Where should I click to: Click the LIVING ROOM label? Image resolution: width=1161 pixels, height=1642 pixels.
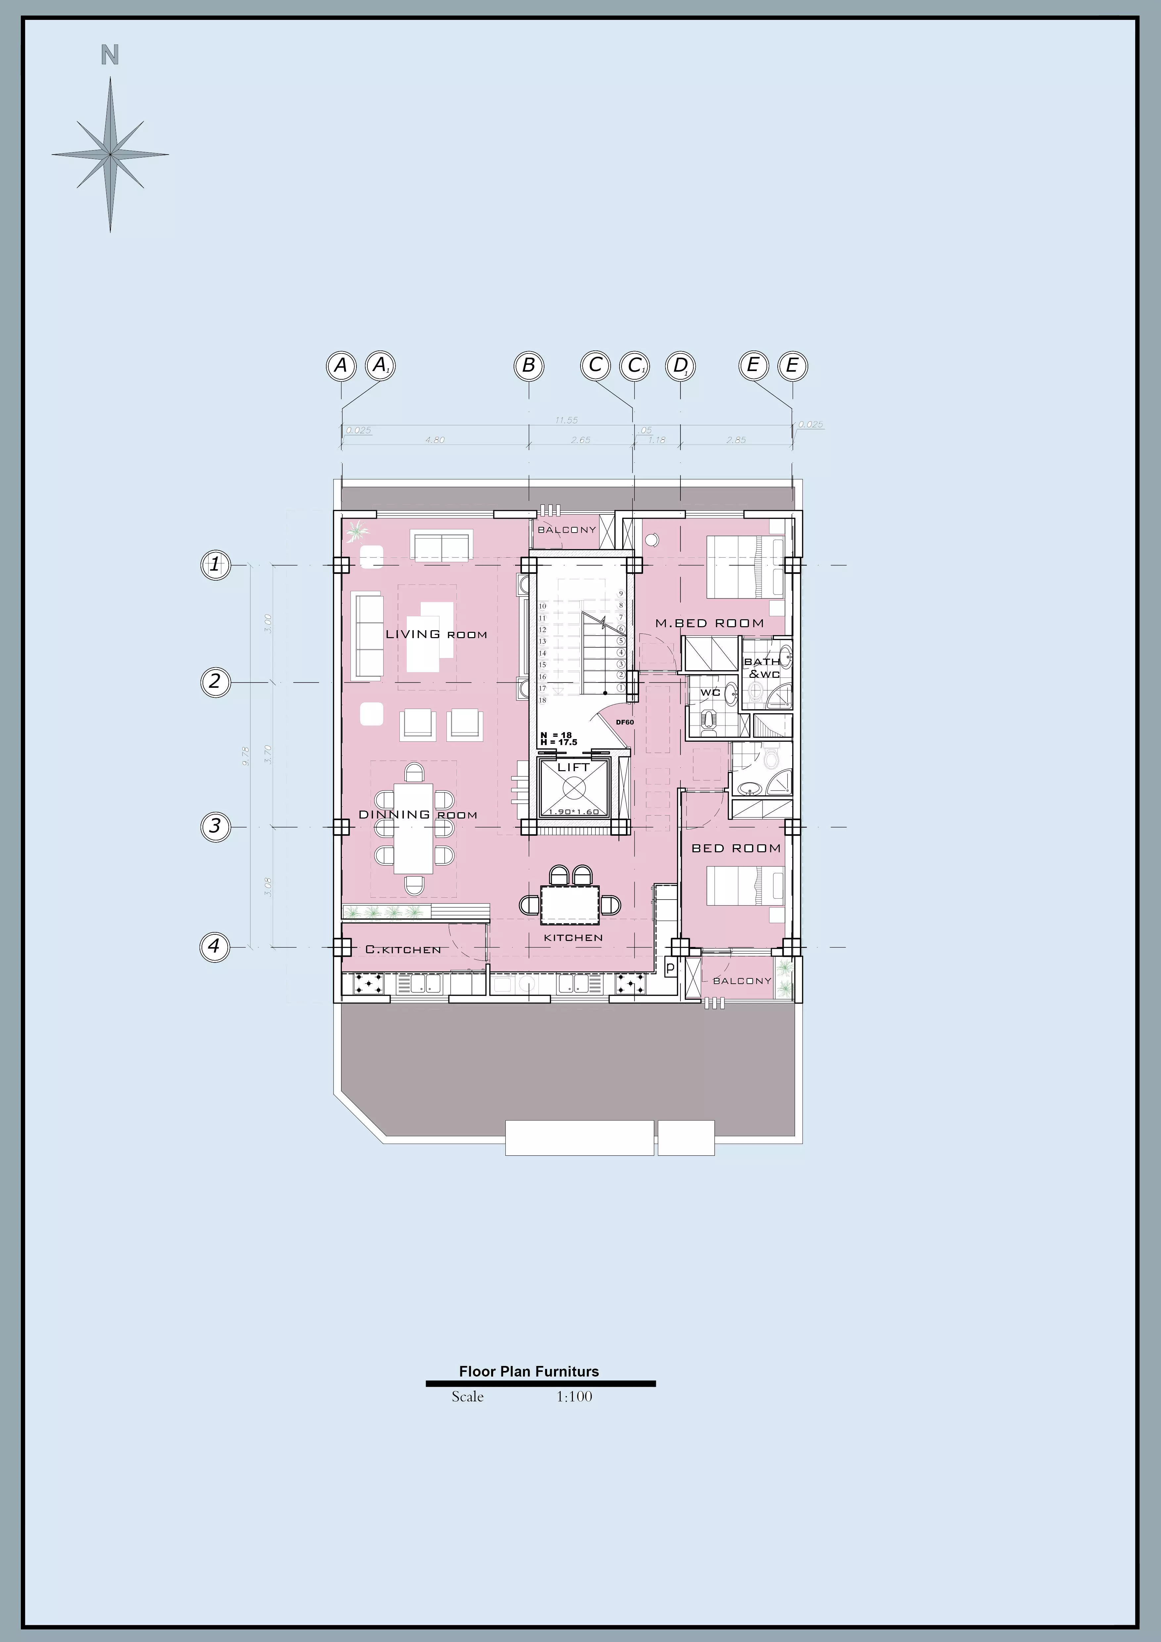(x=436, y=634)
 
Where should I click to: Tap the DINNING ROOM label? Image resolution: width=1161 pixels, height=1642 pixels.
(x=417, y=815)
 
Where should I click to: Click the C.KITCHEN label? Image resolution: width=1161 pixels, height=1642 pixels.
(x=402, y=950)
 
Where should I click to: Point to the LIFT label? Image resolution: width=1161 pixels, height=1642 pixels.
(x=573, y=767)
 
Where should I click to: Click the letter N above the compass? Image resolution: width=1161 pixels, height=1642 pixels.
(x=109, y=55)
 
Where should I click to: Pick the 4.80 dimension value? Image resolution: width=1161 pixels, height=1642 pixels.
(x=435, y=440)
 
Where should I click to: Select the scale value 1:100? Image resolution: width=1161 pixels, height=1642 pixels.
(x=574, y=1397)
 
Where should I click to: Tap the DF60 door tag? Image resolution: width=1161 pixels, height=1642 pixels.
(x=625, y=722)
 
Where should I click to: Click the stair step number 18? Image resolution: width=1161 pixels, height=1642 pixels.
(x=543, y=700)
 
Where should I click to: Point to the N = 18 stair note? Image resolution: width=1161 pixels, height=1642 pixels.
(x=556, y=735)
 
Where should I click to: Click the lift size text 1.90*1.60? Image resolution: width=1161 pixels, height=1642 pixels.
(x=573, y=812)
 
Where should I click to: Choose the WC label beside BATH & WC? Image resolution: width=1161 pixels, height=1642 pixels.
(x=710, y=692)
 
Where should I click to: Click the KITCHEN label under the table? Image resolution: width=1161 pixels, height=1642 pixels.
(x=573, y=938)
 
